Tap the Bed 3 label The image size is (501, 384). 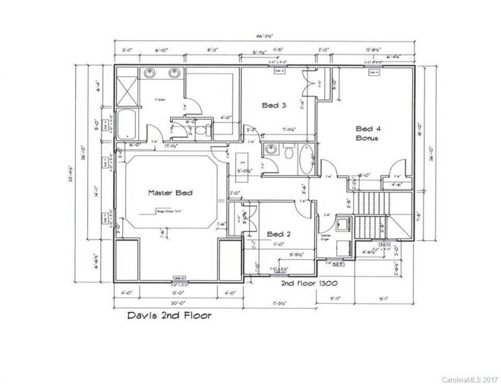(274, 106)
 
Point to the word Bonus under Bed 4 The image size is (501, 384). (366, 137)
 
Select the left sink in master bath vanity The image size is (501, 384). (151, 74)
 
